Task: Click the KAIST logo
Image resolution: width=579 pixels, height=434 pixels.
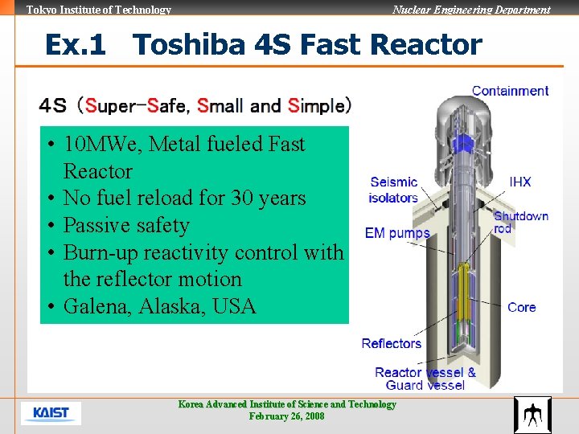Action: pos(51,413)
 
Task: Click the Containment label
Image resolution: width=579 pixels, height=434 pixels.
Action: pos(510,91)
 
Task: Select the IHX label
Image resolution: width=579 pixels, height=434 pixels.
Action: pos(520,182)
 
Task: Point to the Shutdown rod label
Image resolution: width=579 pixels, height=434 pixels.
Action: pos(520,222)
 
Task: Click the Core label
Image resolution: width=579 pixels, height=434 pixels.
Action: pos(521,307)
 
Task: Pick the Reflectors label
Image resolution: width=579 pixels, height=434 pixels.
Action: pos(392,343)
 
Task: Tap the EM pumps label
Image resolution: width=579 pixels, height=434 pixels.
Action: pos(397,233)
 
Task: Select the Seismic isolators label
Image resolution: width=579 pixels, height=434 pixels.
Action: pos(393,190)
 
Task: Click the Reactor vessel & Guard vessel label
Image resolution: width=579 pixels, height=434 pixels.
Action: pos(425,379)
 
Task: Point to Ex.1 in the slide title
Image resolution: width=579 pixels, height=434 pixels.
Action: pos(76,44)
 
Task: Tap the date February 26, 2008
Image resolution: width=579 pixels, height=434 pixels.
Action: pos(287,416)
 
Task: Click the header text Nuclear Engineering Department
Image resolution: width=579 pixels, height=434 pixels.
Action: pos(471,10)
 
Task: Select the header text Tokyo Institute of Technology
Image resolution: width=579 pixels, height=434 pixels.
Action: pos(99,10)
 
